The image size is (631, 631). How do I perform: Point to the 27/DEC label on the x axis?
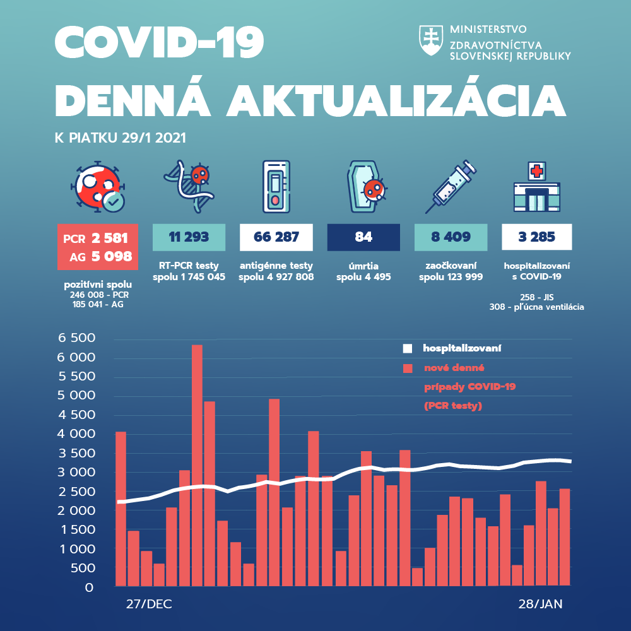[149, 604]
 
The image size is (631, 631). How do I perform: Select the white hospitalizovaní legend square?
[408, 348]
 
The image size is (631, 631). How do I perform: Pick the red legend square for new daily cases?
[408, 368]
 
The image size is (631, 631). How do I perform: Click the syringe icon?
[451, 186]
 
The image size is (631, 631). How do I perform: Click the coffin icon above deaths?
[365, 187]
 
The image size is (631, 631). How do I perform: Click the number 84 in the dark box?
[363, 237]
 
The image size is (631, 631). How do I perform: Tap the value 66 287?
[276, 237]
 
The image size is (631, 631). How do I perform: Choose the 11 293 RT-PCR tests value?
[189, 237]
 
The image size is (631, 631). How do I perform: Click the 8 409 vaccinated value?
[451, 237]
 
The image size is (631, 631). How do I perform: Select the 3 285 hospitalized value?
[537, 237]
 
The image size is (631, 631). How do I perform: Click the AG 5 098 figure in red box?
[97, 256]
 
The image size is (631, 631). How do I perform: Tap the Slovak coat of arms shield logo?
[431, 40]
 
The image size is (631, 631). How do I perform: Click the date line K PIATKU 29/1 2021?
[121, 137]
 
